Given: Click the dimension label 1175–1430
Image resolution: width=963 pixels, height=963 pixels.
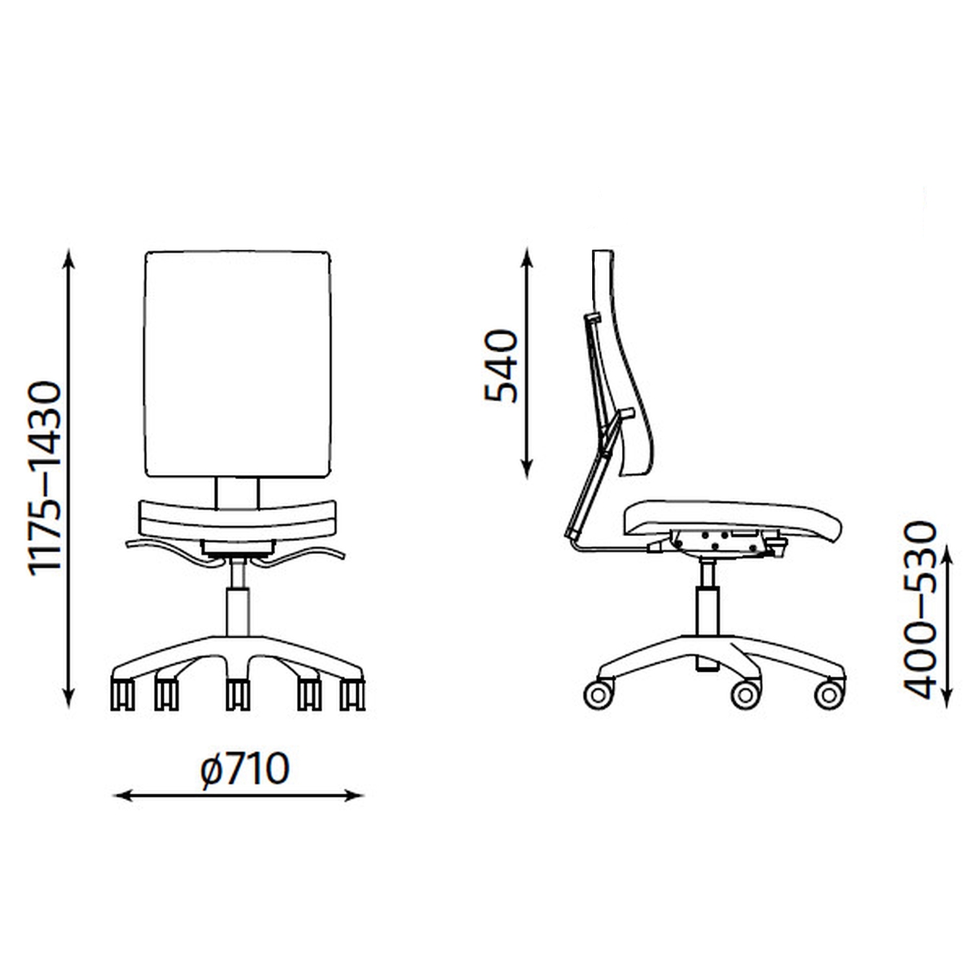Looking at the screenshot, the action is [46, 479].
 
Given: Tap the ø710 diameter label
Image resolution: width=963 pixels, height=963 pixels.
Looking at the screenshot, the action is [245, 770].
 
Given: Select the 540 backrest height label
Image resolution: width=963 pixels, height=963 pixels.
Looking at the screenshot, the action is [501, 366].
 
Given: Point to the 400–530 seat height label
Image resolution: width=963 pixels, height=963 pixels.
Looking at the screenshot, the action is [920, 610].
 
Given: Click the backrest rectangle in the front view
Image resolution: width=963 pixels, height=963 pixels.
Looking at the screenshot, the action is [238, 364].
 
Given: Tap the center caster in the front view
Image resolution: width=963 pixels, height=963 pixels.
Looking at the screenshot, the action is [238, 694].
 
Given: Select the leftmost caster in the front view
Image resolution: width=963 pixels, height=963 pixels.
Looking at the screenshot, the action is [123, 694].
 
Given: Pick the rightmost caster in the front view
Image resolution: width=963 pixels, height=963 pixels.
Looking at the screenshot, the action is [353, 694].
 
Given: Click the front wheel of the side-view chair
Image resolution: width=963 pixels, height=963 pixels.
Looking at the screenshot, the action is [830, 694].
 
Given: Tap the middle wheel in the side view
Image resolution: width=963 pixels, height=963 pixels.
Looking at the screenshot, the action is [746, 694].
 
